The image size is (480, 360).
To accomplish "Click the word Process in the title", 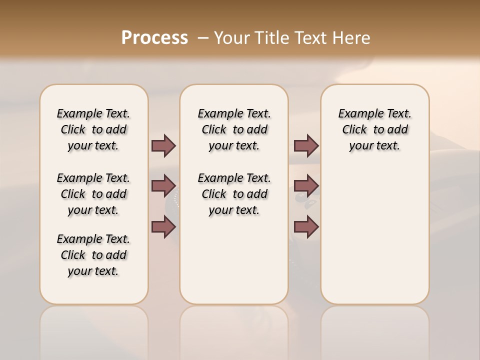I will pos(154,38).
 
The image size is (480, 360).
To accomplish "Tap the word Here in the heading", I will pos(352,38).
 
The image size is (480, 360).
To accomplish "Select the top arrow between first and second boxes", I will pos(163,145).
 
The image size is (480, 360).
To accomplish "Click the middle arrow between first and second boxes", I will pos(163,186).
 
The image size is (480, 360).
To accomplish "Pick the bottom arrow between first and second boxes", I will pos(163,227).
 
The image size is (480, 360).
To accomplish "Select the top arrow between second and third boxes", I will pos(306,145).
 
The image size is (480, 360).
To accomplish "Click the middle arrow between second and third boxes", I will pos(306,186).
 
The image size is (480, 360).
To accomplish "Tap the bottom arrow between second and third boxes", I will pos(306,227).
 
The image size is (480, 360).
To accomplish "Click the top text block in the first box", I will pos(93,129).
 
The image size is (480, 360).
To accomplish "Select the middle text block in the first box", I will pos(93,194).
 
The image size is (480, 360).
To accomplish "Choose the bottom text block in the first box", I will pos(93,255).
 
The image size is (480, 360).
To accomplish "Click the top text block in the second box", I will pos(234,129).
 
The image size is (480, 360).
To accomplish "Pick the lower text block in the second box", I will pos(234,194).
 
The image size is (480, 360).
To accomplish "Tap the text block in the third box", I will pos(374,129).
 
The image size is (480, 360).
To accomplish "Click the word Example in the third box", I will pos(357,114).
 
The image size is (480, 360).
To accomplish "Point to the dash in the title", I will pos(203,38).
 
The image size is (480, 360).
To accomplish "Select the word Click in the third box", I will pos(354,130).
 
